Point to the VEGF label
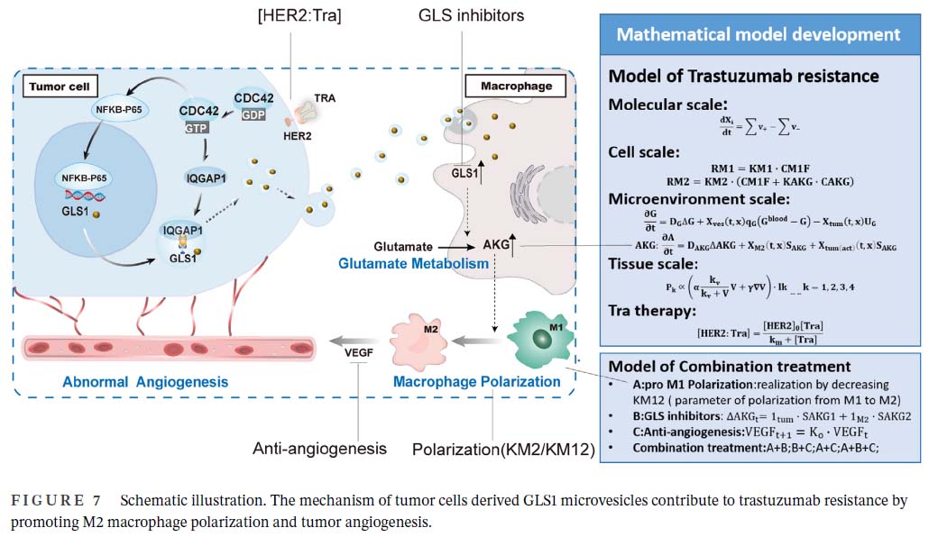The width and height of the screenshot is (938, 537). [359, 354]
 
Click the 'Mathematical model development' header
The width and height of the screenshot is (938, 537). [758, 35]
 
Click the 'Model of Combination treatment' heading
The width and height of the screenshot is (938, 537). [730, 366]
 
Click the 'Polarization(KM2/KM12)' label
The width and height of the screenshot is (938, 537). [503, 449]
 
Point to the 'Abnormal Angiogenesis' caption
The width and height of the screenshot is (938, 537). [145, 382]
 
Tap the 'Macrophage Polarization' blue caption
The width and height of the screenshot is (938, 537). [476, 382]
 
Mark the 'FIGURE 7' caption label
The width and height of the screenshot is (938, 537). [59, 500]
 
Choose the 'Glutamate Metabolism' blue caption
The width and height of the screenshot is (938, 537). [414, 264]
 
